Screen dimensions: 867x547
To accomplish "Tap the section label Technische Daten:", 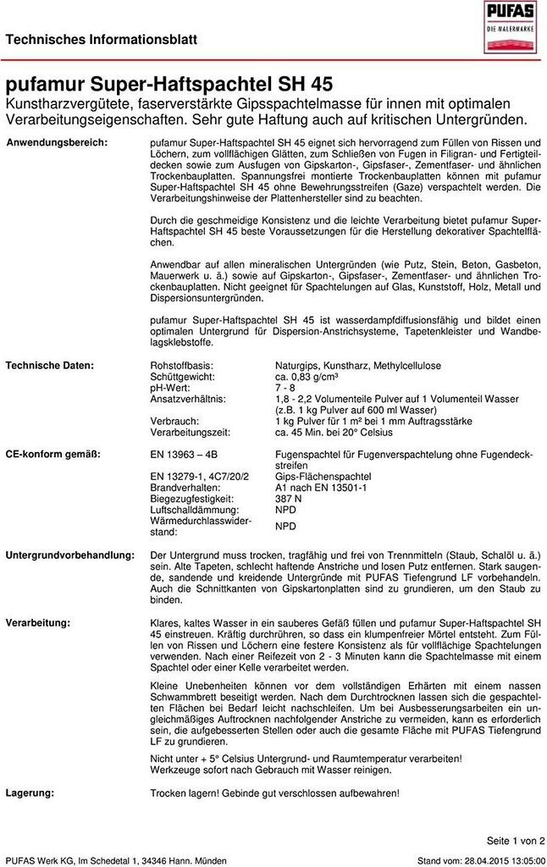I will (50, 365).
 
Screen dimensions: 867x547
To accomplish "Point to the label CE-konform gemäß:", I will (52, 455).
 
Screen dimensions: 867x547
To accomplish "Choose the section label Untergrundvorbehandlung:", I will (70, 554).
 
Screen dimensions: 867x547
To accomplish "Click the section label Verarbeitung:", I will (38, 623).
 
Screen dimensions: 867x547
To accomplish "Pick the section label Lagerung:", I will (30, 792).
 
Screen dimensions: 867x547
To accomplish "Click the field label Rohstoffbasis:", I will (181, 365).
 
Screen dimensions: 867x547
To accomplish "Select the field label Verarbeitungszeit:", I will (191, 431).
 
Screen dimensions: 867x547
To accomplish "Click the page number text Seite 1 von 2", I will (516, 840).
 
